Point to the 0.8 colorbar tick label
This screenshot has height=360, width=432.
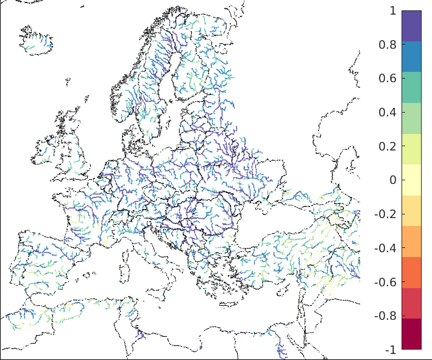[387, 44]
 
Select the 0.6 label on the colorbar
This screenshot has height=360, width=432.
[387, 78]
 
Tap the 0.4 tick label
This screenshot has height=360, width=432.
[387, 112]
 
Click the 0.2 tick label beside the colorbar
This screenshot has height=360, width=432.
[387, 146]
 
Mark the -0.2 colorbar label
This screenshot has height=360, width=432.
[385, 214]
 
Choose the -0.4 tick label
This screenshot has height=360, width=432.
[385, 248]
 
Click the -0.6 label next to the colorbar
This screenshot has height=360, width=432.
[385, 282]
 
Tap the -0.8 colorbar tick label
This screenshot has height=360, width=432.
[385, 316]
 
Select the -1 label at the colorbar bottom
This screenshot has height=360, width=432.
[390, 350]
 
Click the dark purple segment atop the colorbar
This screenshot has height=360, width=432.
[411, 26]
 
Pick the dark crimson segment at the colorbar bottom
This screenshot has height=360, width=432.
[411, 334]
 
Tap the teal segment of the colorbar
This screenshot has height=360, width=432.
[411, 87]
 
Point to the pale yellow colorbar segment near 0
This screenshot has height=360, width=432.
[411, 180]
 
